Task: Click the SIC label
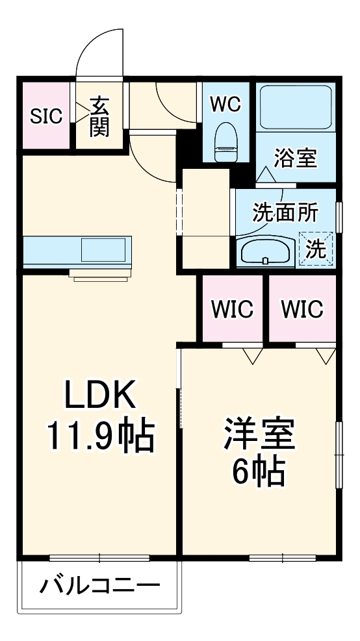[46, 116]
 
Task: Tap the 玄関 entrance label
[99, 116]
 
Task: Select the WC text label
[226, 103]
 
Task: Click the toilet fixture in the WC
[226, 141]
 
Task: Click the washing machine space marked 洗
[315, 249]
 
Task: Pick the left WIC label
[232, 309]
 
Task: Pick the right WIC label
[302, 309]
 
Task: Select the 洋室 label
[259, 434]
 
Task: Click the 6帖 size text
[259, 471]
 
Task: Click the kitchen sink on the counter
[103, 249]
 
